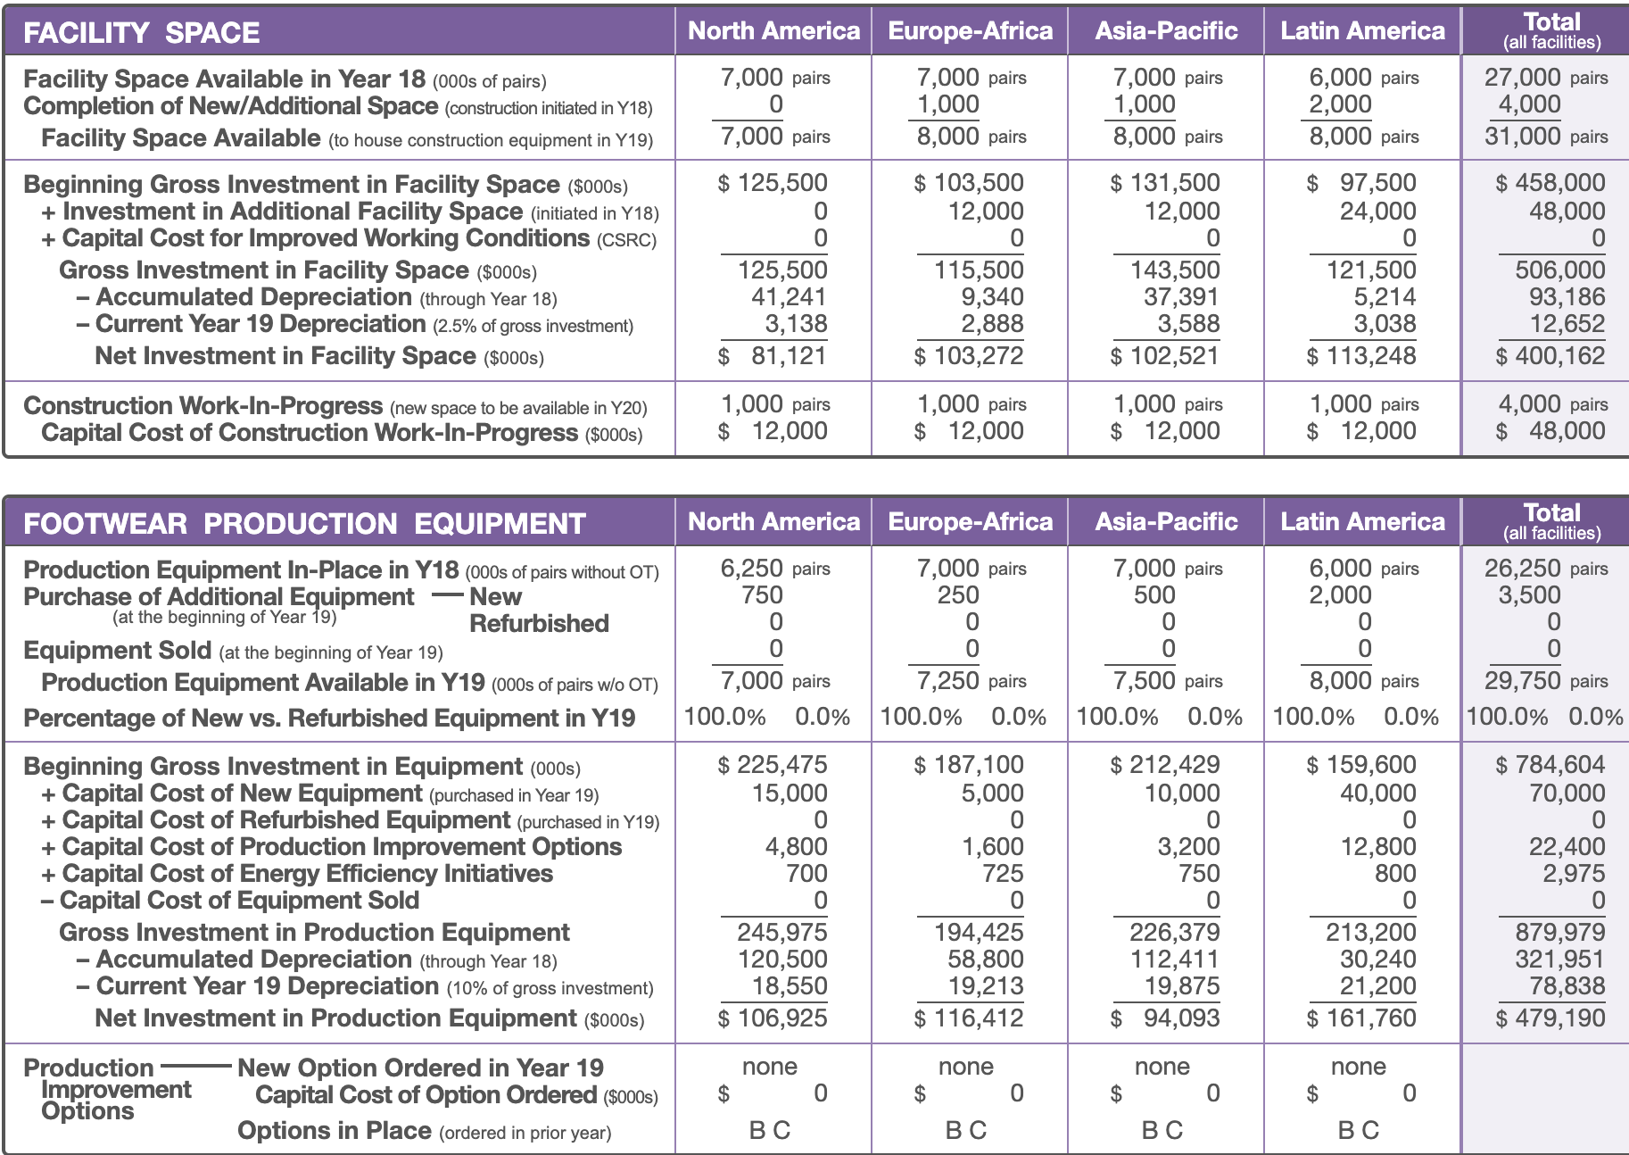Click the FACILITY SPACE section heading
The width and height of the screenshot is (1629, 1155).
click(141, 32)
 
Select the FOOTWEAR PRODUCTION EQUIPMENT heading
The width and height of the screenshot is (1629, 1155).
click(304, 523)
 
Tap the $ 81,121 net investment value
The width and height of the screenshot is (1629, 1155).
click(773, 356)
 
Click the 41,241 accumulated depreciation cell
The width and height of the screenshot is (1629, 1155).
click(789, 297)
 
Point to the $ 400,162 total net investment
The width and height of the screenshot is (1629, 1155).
click(1550, 356)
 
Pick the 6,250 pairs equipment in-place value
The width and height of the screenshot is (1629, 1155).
click(775, 569)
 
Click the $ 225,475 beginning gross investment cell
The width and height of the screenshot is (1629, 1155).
click(773, 765)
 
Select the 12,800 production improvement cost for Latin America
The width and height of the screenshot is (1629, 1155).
click(1378, 847)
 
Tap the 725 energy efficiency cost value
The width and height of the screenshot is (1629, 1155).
click(1003, 874)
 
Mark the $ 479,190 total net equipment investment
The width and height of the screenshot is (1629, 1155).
click(1550, 1018)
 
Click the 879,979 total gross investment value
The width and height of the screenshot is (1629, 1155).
click(1560, 933)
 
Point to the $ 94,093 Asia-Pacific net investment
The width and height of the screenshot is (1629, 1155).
click(1165, 1018)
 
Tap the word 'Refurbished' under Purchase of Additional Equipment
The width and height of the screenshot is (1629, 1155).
click(539, 624)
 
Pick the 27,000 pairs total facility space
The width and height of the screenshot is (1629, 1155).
click(1546, 78)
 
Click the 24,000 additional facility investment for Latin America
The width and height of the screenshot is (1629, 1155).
click(1378, 212)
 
